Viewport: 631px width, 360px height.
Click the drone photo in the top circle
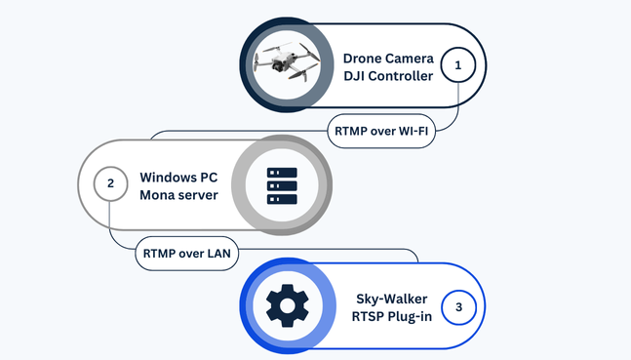286,64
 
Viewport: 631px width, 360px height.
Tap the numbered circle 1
458,65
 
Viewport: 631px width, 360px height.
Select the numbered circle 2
110,182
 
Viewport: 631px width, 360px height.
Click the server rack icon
282,184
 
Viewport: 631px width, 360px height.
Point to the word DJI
356,77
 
